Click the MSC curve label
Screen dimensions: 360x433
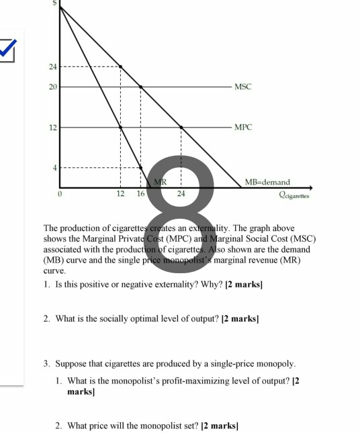[242, 87]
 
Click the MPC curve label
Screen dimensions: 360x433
[242, 127]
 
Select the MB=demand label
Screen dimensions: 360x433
[267, 182]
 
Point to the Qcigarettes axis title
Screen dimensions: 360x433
[294, 194]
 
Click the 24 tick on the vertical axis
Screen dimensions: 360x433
[52, 67]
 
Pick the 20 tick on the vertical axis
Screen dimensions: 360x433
[52, 87]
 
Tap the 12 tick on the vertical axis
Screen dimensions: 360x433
[52, 127]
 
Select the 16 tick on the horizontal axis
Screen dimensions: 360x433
[140, 194]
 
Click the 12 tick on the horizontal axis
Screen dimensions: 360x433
[120, 194]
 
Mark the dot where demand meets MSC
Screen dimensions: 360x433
[140, 87]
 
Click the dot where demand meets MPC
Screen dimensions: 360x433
[181, 127]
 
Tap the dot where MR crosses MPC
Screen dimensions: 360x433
[120, 127]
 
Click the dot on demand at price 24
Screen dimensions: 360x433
[120, 67]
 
